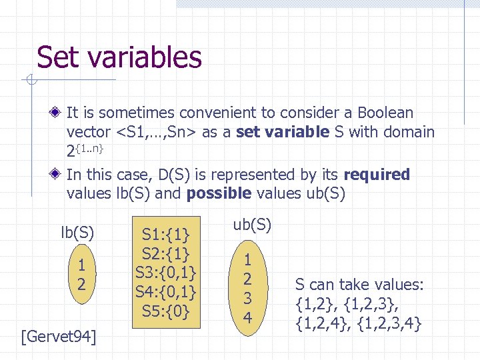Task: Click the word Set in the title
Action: pyautogui.click(x=58, y=57)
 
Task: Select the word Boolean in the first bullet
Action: pyautogui.click(x=385, y=113)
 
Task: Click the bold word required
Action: pyautogui.click(x=377, y=175)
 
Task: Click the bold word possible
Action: pyautogui.click(x=219, y=194)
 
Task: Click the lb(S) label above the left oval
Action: pyautogui.click(x=77, y=233)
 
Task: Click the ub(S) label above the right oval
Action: pyautogui.click(x=252, y=225)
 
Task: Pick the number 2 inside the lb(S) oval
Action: pyautogui.click(x=81, y=284)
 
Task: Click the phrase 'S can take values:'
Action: pyautogui.click(x=359, y=285)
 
